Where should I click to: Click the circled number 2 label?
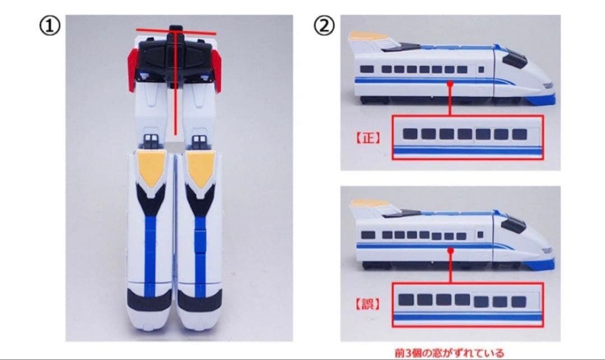(x=324, y=26)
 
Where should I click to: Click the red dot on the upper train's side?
(x=449, y=83)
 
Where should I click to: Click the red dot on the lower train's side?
(x=449, y=250)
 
